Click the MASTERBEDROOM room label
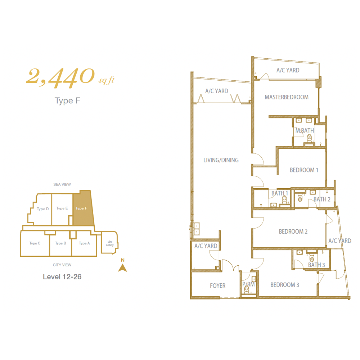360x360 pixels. [287, 97]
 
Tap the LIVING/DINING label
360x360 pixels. [221, 160]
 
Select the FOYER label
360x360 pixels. [218, 285]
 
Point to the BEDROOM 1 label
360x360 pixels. [304, 170]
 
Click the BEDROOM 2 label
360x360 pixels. [293, 231]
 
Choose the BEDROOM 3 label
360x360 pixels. [285, 285]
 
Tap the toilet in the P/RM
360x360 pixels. [247, 289]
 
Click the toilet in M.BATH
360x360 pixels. [309, 138]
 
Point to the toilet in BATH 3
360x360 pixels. [311, 258]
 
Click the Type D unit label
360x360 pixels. [43, 209]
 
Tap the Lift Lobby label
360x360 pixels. [110, 243]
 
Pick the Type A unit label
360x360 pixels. [84, 243]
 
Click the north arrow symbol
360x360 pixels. [123, 268]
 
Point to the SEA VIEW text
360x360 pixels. [62, 184]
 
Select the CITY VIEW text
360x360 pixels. [62, 265]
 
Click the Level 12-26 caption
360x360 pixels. [62, 276]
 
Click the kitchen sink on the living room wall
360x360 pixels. [196, 229]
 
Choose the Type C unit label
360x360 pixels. [35, 243]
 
